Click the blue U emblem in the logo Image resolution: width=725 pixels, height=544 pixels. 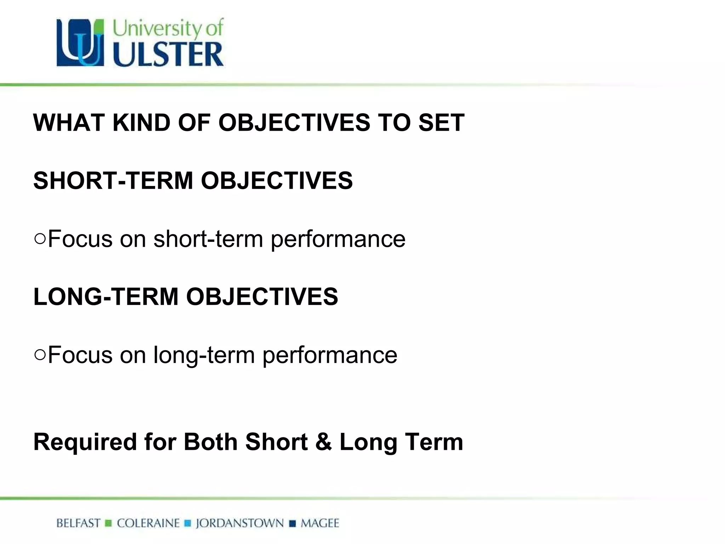(x=80, y=43)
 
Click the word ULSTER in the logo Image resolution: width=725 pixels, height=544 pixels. (x=168, y=55)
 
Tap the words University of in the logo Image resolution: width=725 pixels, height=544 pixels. (x=168, y=28)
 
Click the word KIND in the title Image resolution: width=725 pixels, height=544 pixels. (x=141, y=123)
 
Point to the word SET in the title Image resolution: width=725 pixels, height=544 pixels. (x=441, y=123)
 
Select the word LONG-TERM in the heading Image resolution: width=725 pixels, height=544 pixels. (x=106, y=296)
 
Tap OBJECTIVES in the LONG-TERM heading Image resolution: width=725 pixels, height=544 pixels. (x=262, y=296)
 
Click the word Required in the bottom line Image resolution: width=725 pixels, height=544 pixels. (x=85, y=442)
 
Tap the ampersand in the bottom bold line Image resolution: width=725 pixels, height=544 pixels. (x=323, y=442)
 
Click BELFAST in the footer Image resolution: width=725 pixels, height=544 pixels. (x=79, y=523)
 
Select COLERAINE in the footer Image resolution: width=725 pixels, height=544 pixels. (x=148, y=523)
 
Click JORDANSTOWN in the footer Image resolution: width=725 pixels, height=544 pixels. (x=240, y=523)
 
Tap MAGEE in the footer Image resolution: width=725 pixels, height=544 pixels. (x=320, y=523)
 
